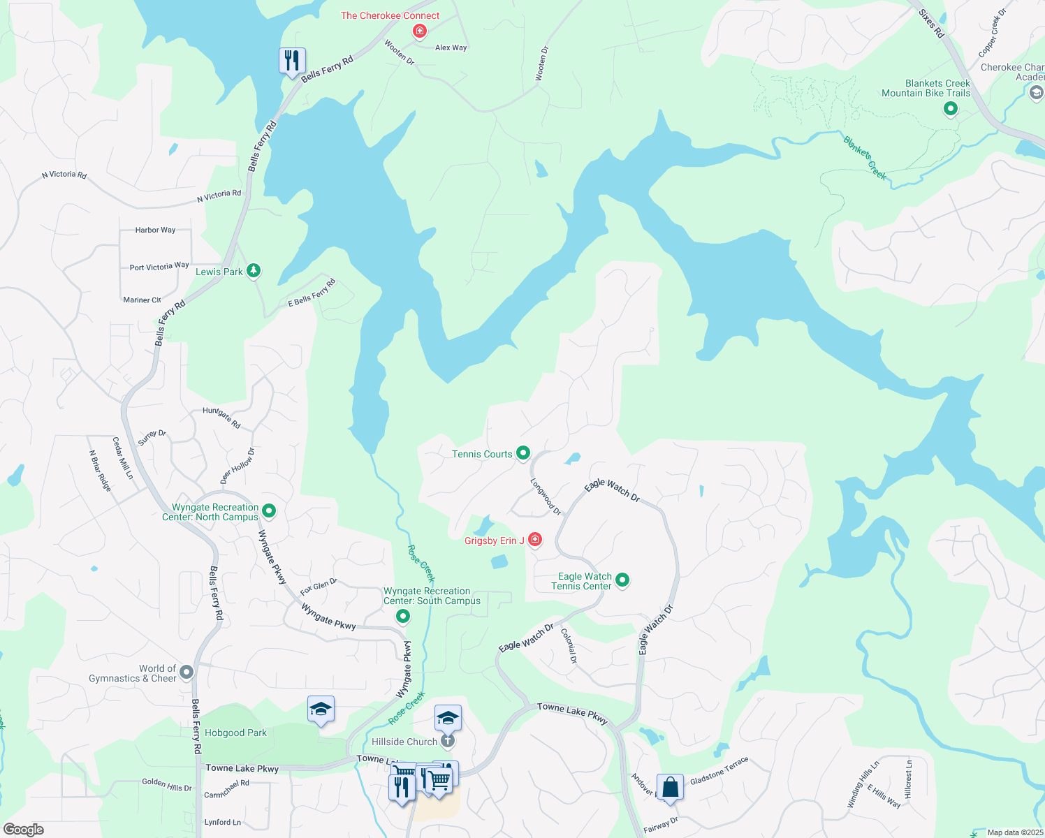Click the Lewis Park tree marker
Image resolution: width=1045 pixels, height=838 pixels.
254,271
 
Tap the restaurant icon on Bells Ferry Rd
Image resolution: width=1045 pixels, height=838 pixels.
292,61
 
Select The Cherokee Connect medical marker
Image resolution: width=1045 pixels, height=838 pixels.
419,31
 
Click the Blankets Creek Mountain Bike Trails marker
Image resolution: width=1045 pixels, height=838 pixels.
950,109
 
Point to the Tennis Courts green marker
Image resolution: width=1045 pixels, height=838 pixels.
522,454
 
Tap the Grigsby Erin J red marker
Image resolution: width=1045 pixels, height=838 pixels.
534,540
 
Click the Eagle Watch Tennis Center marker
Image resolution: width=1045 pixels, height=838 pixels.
622,580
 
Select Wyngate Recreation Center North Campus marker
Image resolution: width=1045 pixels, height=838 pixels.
269,512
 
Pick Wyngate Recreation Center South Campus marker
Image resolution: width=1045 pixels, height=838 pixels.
403,617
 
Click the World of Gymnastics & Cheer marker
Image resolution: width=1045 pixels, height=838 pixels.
186,672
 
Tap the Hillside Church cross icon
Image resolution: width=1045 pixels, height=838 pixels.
448,741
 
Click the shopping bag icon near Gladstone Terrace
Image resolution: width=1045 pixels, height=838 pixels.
670,787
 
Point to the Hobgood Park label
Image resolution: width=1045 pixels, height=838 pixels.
235,733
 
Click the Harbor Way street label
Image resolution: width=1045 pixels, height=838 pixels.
155,230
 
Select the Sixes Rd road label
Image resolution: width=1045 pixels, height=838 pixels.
931,23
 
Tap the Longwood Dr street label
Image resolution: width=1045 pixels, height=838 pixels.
546,497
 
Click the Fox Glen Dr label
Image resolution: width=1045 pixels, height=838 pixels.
319,587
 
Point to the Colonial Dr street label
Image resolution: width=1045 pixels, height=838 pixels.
569,646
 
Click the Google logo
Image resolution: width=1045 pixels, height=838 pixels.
23,830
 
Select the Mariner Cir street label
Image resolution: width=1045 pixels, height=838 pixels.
142,300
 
